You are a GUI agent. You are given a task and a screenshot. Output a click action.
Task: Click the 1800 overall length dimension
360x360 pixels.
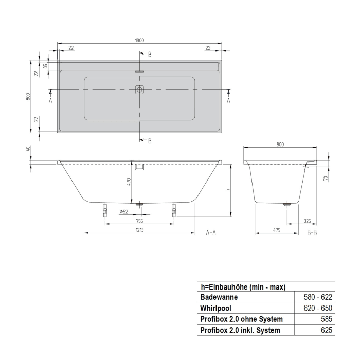[x=139, y=40]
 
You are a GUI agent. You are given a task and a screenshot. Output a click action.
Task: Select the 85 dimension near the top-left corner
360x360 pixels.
[x=45, y=66]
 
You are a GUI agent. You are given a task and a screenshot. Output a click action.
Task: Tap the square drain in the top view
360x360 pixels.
[x=139, y=89]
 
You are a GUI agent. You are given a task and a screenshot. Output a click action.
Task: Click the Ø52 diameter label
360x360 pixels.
[x=123, y=212]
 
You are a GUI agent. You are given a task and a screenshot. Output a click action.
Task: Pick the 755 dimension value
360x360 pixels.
[x=139, y=221]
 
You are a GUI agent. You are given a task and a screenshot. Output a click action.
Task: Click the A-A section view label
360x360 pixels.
[x=211, y=232]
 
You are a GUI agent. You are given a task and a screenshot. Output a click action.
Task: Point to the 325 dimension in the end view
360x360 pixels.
[x=307, y=221]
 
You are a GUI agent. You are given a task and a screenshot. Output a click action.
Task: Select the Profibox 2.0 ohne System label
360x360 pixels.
[x=241, y=319]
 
